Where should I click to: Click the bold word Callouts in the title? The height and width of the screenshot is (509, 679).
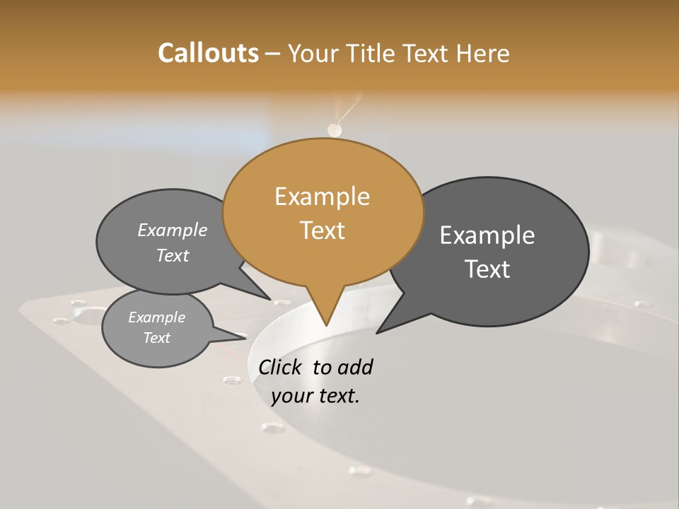point(208,53)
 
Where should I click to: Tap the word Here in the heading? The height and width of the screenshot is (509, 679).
point(483,53)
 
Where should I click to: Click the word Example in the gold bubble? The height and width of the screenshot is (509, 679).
point(322,197)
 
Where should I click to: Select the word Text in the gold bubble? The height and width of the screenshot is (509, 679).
point(322,230)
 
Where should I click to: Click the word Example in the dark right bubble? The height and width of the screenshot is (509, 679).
point(487,235)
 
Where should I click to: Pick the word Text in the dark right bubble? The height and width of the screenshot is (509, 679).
point(487,269)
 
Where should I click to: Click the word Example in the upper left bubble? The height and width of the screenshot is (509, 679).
point(173,230)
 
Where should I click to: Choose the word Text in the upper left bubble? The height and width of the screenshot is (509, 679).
point(173,255)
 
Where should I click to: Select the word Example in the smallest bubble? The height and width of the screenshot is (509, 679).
point(156,317)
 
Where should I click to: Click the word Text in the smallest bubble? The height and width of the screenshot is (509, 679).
point(156,338)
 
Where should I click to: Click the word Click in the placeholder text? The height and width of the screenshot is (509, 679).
point(282,367)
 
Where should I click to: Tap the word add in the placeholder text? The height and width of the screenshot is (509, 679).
point(356,367)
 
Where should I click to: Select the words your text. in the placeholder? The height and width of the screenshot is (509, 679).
point(315,396)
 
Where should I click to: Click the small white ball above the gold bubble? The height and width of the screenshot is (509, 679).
point(335,130)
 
